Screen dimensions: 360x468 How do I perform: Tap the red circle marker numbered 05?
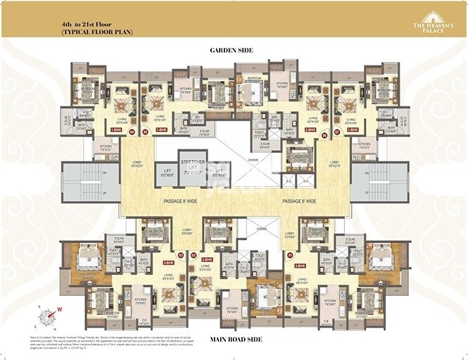pos(145,132)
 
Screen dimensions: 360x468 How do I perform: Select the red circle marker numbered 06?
pos(324,134)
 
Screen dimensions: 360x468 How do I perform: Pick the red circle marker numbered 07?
pos(337,132)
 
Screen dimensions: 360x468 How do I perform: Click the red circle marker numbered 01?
pos(290,255)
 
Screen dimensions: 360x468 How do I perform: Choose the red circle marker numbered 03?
pos(181,255)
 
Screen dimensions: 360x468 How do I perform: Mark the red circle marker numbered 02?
pos(193,255)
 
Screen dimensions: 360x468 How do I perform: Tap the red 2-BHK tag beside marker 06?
pos(310,130)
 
